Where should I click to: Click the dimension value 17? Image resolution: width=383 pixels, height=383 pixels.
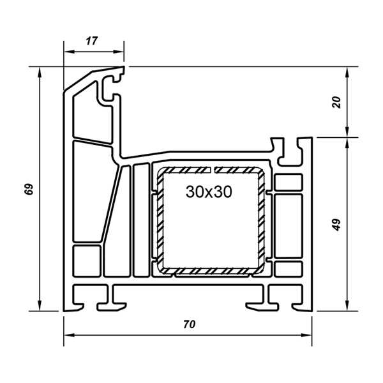click(92, 41)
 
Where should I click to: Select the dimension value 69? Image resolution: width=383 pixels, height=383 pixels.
click(29, 189)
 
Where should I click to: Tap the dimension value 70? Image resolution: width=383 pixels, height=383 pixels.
click(190, 324)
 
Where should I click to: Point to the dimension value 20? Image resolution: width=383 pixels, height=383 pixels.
click(336, 102)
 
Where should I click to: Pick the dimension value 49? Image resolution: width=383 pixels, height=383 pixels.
click(336, 225)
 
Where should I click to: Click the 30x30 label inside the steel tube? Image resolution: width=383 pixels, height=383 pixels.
click(209, 191)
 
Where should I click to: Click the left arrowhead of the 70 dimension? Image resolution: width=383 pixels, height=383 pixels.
click(69, 335)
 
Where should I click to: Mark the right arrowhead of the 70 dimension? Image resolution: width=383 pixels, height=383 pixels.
click(307, 335)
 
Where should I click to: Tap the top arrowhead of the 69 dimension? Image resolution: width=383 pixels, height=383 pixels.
click(40, 71)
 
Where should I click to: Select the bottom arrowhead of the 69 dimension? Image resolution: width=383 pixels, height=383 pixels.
click(40, 306)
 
